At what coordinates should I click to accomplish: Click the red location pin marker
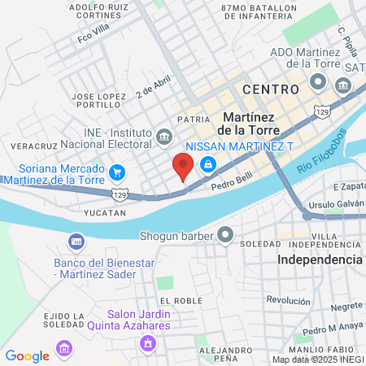point(183,167)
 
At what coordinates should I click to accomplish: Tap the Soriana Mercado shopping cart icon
point(118,172)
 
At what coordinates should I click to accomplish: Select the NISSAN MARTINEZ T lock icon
point(209,164)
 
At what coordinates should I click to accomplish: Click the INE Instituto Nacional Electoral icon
point(165,135)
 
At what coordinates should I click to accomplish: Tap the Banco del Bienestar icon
point(76,242)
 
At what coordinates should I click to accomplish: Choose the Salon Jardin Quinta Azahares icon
point(147,343)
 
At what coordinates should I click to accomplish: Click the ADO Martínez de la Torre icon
point(316,82)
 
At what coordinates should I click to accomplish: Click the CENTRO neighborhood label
point(269,89)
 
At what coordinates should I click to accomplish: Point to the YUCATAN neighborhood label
point(105,212)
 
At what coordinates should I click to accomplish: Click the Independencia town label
point(320,259)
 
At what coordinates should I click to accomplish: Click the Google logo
point(27,355)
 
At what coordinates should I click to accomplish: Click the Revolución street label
point(288,300)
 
